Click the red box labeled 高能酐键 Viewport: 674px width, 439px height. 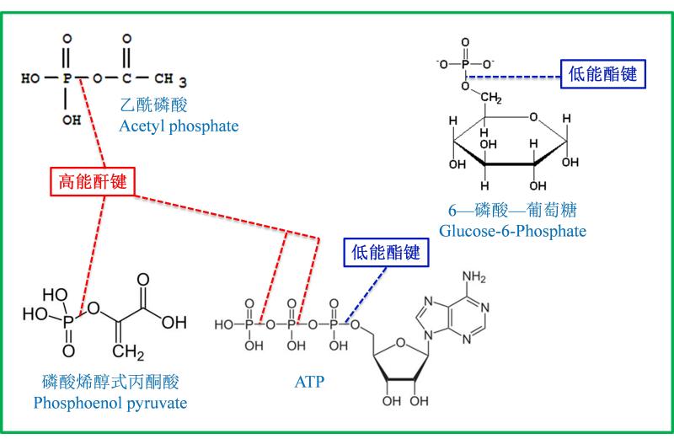point(93,181)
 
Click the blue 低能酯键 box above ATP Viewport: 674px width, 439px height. point(386,253)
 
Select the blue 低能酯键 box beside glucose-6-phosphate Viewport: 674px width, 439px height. point(603,74)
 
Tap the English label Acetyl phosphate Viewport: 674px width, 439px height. point(179,126)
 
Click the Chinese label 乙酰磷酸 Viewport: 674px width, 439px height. point(153,105)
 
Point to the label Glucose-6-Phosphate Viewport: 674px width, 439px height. point(512,231)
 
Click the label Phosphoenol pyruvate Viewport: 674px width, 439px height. point(110,404)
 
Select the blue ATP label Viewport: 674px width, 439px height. point(309,382)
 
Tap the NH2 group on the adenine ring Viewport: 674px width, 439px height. point(473,276)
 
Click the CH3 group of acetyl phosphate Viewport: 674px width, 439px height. point(170,79)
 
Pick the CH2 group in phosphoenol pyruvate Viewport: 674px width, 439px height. point(128,352)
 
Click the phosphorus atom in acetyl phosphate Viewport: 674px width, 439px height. point(67,78)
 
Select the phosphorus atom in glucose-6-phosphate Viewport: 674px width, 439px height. point(465,65)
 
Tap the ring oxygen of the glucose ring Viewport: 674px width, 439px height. point(533,117)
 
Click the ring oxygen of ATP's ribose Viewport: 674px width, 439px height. point(400,343)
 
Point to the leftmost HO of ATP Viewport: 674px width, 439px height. point(224,324)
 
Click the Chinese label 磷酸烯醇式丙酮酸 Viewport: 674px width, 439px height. point(110,382)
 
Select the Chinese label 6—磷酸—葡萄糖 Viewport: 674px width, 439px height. point(512,211)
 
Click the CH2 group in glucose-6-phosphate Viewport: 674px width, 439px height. point(491,98)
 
